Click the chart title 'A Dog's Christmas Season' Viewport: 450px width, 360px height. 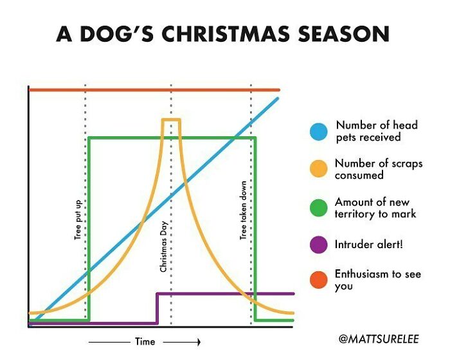pos(222,33)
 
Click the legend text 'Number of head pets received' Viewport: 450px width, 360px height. pos(376,131)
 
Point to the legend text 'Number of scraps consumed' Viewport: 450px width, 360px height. pos(379,169)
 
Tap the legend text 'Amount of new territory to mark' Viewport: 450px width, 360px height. pos(375,208)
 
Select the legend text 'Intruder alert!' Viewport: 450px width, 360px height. pos(369,244)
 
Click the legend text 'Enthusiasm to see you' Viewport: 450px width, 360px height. pos(377,280)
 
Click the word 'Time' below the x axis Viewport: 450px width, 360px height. pos(145,341)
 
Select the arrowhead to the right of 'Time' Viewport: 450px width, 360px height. pos(198,341)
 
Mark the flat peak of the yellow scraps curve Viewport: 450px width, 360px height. pos(171,120)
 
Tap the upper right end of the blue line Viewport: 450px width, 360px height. pos(278,98)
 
